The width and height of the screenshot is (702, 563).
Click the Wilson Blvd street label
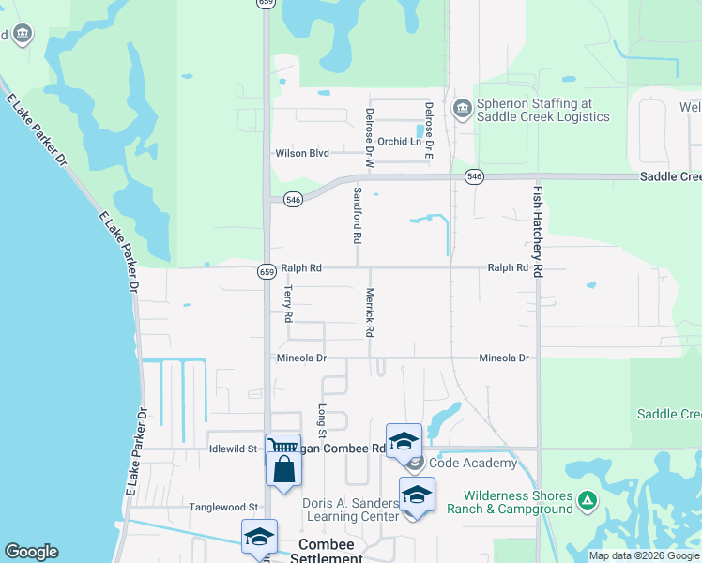(301, 153)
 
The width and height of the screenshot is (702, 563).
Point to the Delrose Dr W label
(369, 138)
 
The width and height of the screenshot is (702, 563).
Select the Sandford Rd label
(357, 215)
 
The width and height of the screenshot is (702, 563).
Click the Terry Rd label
(288, 304)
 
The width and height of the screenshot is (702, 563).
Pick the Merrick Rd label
(369, 312)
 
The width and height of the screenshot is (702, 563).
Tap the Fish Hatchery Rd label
(538, 230)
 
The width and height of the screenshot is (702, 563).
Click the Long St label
(321, 421)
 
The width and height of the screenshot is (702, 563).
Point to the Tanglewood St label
(224, 507)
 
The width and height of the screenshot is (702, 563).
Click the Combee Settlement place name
(329, 551)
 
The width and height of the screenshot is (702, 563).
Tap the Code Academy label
(473, 463)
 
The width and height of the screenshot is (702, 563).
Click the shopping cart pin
(282, 446)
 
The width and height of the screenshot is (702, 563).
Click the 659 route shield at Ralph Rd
(266, 270)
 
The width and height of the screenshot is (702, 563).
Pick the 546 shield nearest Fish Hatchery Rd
(475, 176)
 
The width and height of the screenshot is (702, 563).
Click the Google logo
(31, 552)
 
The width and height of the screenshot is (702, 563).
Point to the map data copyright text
(644, 556)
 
